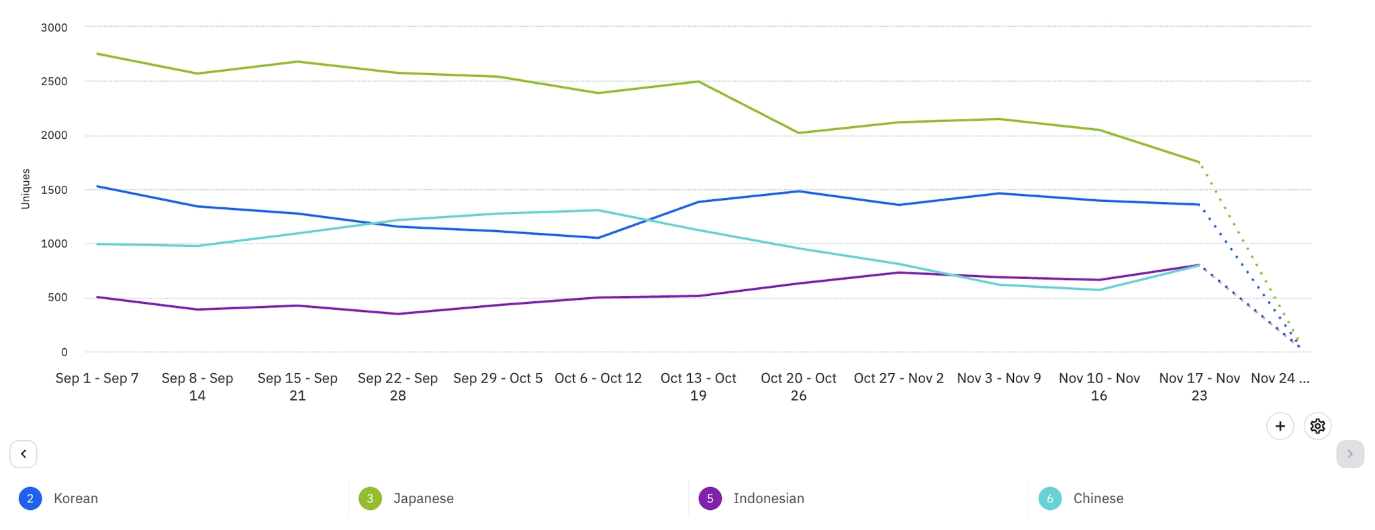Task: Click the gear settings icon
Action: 1317,426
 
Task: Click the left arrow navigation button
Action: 23,454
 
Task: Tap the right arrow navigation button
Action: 1349,454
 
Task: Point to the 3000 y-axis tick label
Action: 54,28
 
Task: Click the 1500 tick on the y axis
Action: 54,190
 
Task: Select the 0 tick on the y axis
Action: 64,352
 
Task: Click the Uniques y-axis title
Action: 26,189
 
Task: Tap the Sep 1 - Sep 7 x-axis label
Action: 97,378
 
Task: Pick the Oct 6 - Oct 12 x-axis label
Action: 598,378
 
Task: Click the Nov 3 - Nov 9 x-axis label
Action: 998,378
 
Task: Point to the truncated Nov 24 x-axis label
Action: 1280,378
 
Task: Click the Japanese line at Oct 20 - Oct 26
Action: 798,133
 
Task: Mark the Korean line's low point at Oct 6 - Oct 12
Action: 598,237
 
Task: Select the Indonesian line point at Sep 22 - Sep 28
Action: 397,314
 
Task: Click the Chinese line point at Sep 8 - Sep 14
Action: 197,246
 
